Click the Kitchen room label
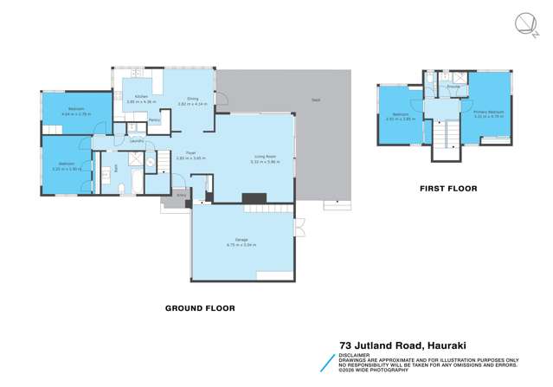(137, 98)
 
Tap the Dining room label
(192, 99)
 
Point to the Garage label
(241, 240)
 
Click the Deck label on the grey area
(316, 100)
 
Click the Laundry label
(136, 140)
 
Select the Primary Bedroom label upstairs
(489, 111)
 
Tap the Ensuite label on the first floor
(453, 87)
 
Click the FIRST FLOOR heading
(447, 188)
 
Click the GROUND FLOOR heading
(200, 307)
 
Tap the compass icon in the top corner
(525, 23)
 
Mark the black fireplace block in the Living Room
(254, 198)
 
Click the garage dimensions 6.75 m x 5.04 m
(241, 245)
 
